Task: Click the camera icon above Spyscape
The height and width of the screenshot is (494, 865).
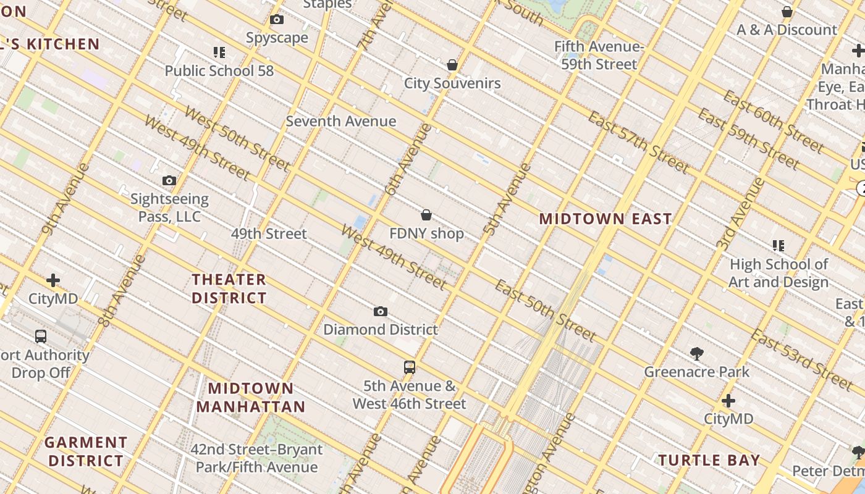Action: (x=277, y=20)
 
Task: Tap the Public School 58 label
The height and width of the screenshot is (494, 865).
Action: (x=219, y=70)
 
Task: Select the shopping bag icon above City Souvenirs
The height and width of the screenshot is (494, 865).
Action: (x=452, y=65)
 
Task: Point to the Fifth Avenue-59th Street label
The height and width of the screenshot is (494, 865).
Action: (x=598, y=56)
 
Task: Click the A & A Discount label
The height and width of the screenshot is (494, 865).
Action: (x=787, y=30)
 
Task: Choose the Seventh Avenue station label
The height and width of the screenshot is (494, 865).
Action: (x=340, y=121)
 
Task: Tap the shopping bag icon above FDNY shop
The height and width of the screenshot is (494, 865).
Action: (x=426, y=215)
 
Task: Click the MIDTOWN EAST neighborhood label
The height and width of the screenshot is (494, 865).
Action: (x=605, y=219)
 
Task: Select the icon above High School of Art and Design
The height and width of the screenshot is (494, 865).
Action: (x=778, y=246)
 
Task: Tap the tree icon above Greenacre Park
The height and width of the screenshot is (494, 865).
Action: (x=697, y=354)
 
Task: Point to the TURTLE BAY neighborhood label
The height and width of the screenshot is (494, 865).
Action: (x=709, y=460)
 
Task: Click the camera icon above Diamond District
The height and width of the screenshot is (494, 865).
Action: (x=381, y=312)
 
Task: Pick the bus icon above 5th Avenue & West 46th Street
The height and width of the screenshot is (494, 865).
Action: (x=409, y=367)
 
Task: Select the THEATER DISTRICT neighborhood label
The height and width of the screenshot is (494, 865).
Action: (x=229, y=288)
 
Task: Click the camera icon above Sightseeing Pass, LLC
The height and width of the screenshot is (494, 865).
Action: (x=169, y=181)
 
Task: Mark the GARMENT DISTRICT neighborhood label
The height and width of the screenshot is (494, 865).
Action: (x=86, y=451)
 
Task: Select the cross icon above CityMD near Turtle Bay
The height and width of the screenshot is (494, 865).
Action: (x=728, y=401)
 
